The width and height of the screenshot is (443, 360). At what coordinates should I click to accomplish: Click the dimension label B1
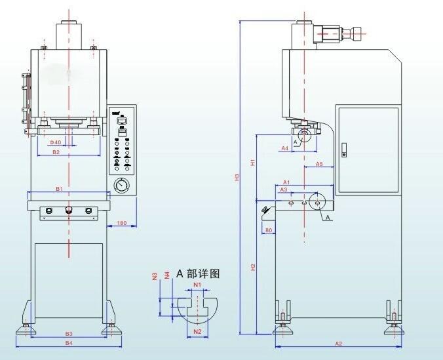click(x=58, y=189)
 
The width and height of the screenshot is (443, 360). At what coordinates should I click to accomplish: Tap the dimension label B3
click(x=68, y=334)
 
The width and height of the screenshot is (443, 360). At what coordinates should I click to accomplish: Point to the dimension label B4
click(x=68, y=342)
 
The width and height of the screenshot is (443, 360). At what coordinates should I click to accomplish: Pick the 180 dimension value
click(x=121, y=224)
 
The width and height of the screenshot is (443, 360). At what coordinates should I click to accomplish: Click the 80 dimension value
click(x=268, y=230)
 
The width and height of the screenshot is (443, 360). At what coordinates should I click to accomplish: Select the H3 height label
click(x=237, y=177)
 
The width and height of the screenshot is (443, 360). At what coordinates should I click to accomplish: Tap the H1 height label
click(x=253, y=161)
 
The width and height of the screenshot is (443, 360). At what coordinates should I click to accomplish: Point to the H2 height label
click(x=253, y=267)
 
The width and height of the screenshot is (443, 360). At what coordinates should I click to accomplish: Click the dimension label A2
click(x=339, y=343)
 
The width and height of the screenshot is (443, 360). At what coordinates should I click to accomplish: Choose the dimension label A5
click(x=319, y=164)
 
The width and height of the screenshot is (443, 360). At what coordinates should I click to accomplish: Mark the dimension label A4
click(x=285, y=149)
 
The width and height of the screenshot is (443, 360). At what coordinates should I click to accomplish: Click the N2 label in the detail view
click(x=197, y=332)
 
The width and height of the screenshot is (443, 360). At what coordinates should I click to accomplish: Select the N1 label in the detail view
click(x=197, y=285)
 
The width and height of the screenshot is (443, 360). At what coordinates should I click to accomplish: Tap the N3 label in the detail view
click(x=155, y=275)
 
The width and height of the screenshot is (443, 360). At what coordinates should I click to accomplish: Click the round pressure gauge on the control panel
click(x=122, y=186)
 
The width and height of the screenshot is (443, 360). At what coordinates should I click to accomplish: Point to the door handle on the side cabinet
click(x=344, y=154)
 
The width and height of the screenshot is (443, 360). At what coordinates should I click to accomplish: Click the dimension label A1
click(x=286, y=182)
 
